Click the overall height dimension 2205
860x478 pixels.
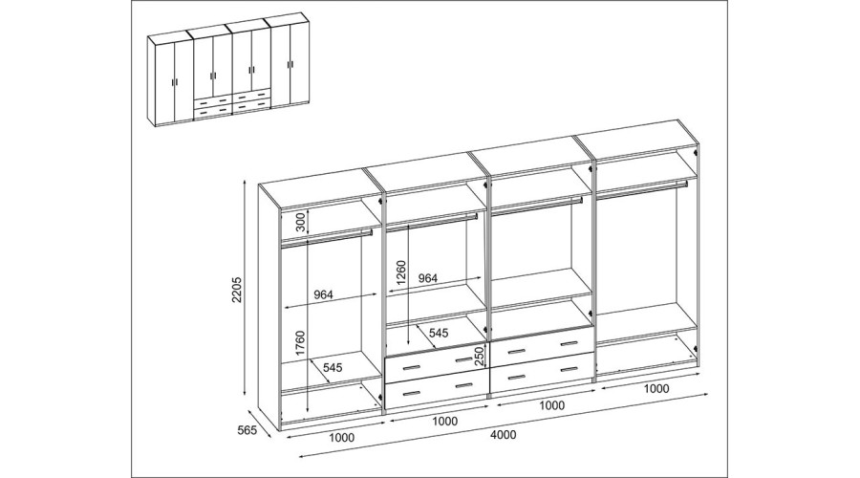coord(236,291)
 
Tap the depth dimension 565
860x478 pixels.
coord(247,431)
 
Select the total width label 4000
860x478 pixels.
coord(503,435)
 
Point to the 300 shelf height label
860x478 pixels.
coord(300,221)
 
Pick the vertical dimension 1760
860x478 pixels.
coord(300,344)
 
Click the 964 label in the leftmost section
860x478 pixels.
coord(324,294)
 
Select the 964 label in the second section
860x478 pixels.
coord(428,278)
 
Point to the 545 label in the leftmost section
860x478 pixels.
coord(333,366)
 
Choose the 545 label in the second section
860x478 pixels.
coord(439,333)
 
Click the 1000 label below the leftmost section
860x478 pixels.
coord(341,438)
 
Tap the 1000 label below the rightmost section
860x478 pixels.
coord(656,389)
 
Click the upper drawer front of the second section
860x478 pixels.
coord(437,365)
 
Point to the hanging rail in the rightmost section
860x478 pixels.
coord(640,189)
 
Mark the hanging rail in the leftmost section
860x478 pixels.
coord(327,236)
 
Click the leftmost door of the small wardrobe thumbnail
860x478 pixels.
coord(161,81)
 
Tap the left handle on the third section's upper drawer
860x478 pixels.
coord(515,350)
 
